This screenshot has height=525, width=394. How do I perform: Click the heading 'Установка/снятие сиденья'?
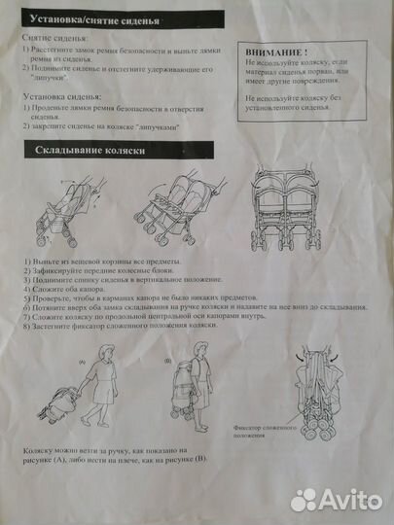(x=89, y=17)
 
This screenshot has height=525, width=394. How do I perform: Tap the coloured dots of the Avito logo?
(x=304, y=499)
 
